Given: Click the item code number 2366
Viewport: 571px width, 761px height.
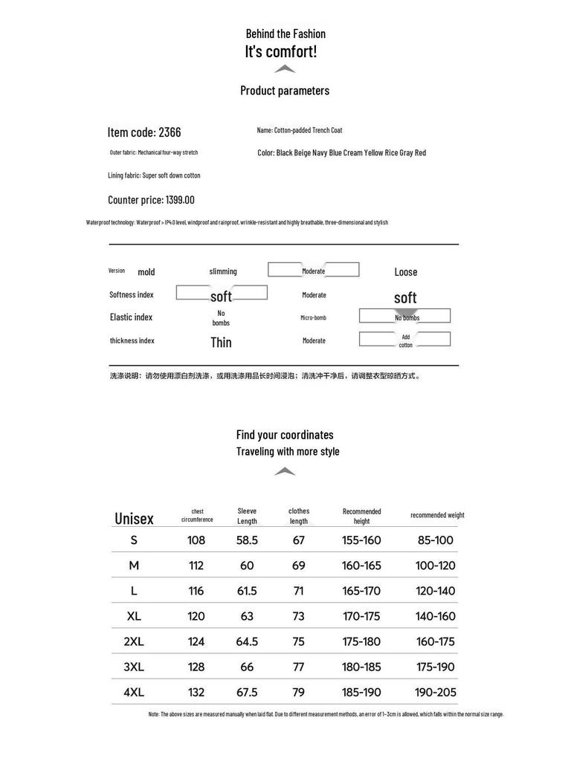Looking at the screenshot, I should pos(170,132).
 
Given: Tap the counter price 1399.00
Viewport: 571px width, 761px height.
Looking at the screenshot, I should pos(179,200).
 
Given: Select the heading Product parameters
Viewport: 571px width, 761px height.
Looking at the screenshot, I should pos(285,91).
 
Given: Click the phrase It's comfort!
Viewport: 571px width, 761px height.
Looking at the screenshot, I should pos(281,51).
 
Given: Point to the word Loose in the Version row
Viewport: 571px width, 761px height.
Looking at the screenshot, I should pos(406,272).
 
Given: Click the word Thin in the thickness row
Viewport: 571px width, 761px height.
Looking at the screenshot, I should pos(221,342).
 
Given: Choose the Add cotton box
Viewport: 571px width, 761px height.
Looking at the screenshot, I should pos(405,340).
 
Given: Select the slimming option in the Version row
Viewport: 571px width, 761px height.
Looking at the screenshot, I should pos(223,271).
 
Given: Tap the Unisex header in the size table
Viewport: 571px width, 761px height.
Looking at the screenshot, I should pos(134,519).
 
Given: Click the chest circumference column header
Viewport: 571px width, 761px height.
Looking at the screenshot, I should pos(197,516).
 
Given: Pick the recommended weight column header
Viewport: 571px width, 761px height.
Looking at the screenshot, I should pos(437,515).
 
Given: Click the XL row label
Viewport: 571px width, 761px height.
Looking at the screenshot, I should pos(134,616).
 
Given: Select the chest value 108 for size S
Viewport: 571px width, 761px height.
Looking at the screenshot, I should pos(196,540).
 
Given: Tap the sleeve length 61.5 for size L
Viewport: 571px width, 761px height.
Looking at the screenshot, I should pos(247,591).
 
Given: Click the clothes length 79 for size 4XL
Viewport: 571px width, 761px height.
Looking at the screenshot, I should pos(299,692).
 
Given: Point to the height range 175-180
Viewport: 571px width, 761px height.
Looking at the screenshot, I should pos(361,641).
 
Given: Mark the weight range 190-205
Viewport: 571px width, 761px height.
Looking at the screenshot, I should pos(436,692).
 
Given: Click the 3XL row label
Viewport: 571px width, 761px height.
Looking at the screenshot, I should pos(134,667).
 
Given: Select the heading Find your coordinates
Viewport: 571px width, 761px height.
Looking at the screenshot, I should pos(285,435).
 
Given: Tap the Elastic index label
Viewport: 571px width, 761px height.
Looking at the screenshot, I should pos(131,317).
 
